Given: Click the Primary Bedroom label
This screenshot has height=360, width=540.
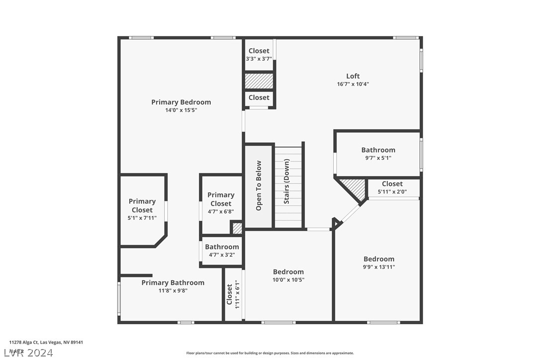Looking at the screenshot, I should (181, 102).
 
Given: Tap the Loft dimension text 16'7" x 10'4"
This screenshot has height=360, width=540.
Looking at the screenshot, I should (353, 84).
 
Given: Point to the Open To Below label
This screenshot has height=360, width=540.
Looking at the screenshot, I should (259, 185).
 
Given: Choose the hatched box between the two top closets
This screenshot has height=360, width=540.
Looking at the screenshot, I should (259, 81).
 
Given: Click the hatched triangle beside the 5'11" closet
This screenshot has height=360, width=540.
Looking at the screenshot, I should (355, 187).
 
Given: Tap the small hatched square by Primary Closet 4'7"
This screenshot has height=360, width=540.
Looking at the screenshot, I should (237, 228).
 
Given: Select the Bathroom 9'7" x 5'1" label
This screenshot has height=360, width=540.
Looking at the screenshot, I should (378, 150).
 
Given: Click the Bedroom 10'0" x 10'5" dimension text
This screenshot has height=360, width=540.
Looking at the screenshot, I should (288, 280).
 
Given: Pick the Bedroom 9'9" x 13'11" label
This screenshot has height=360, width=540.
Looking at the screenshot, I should (378, 259).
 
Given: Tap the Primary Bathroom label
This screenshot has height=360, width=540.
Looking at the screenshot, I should (173, 282).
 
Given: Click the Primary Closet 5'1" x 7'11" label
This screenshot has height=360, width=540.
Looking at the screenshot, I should (142, 205).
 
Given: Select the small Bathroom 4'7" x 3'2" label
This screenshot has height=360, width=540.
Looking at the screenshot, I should (222, 247).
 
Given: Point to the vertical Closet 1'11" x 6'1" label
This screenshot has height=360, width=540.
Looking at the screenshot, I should (229, 294).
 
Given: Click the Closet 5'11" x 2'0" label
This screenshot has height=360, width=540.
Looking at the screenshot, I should (392, 183).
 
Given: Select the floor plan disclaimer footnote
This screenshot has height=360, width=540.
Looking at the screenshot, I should (270, 353).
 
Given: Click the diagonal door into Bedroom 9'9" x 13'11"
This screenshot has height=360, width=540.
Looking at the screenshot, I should (352, 213).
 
